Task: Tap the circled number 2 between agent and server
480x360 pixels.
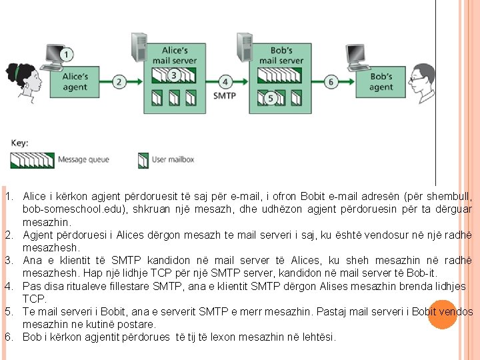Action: pyautogui.click(x=119, y=82)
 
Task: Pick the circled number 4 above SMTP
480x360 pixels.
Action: pyautogui.click(x=225, y=82)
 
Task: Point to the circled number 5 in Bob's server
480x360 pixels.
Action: pyautogui.click(x=270, y=98)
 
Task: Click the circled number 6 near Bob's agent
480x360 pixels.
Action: pyautogui.click(x=331, y=82)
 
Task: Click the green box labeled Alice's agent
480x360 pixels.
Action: pyautogui.click(x=75, y=81)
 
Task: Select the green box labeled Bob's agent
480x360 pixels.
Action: pyautogui.click(x=381, y=82)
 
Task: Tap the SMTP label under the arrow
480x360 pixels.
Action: pyautogui.click(x=225, y=95)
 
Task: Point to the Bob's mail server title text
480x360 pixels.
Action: pyautogui.click(x=281, y=55)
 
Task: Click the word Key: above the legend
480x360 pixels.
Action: pyautogui.click(x=19, y=143)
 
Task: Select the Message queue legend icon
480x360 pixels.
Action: pyautogui.click(x=32, y=160)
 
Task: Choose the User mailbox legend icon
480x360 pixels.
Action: pyautogui.click(x=143, y=160)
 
